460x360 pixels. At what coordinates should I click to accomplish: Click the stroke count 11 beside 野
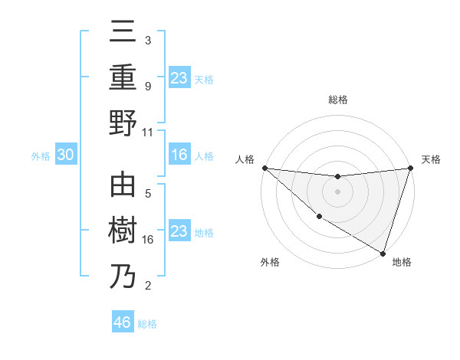click(148, 132)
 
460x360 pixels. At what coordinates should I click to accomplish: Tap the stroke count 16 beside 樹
click(148, 240)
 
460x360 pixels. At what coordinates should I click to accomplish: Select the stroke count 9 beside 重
click(147, 87)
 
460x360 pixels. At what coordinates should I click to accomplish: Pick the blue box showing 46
click(123, 322)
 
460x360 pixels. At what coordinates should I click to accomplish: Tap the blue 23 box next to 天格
click(179, 77)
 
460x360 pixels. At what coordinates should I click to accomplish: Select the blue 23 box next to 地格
click(179, 231)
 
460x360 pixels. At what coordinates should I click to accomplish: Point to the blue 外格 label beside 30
click(41, 156)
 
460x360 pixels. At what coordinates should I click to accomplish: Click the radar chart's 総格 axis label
click(337, 100)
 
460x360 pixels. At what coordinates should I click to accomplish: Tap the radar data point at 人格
click(264, 168)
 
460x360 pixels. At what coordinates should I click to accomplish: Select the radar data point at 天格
click(410, 168)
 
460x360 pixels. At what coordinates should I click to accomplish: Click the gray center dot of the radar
click(337, 191)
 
